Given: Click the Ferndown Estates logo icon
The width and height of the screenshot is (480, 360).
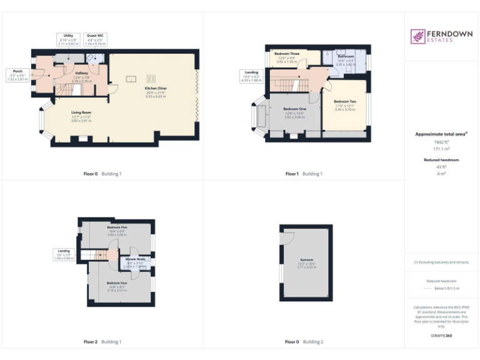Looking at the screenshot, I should pyautogui.click(x=417, y=37).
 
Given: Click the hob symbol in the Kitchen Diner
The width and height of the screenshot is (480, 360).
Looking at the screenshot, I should pyautogui.click(x=151, y=78).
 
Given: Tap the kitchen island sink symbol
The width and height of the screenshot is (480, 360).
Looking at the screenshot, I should pyautogui.click(x=131, y=79).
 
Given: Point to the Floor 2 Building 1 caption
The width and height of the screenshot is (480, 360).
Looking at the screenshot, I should pyautogui.click(x=102, y=342).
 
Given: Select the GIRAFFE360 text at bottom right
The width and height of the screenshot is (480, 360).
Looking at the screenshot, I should pyautogui.click(x=441, y=336).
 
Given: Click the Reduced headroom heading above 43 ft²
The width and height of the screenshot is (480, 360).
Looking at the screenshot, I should pyautogui.click(x=441, y=160).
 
